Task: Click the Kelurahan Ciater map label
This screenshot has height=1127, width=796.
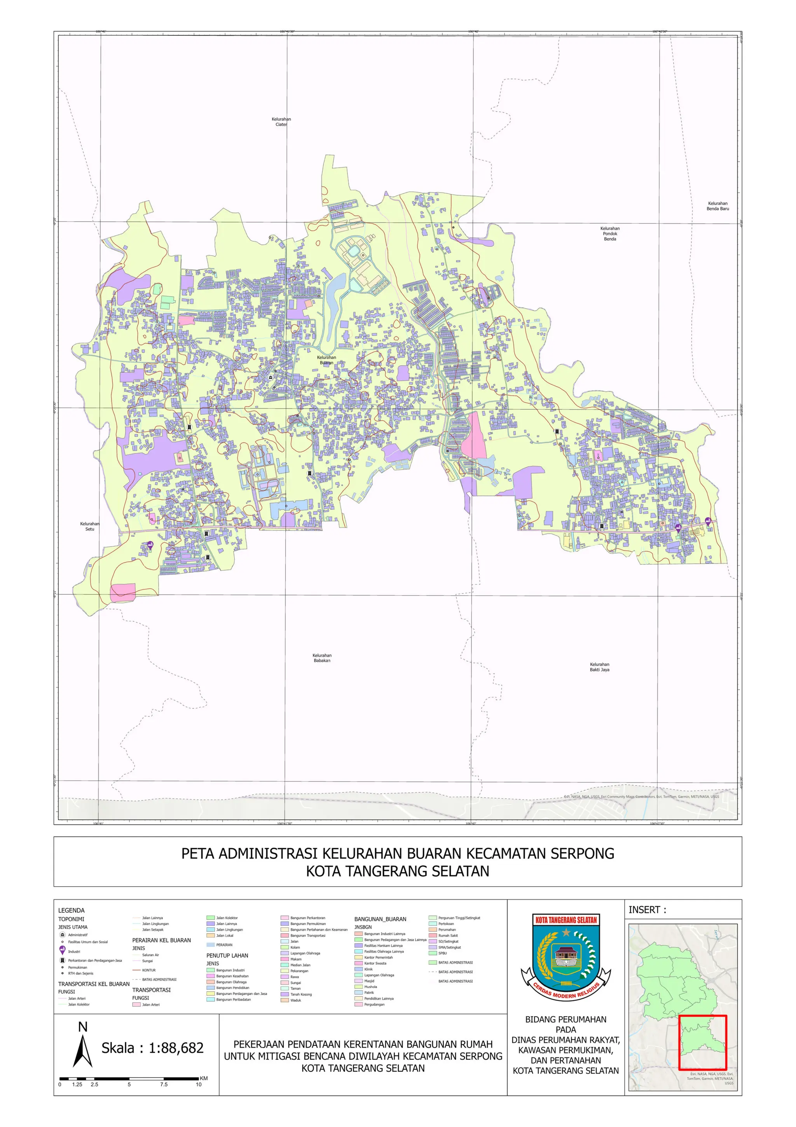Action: [281, 122]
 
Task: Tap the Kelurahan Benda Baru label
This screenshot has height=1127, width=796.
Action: [717, 206]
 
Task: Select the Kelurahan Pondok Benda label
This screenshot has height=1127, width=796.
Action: [609, 234]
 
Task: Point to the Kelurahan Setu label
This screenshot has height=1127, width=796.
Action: [90, 526]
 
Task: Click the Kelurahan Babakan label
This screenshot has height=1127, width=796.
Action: [322, 658]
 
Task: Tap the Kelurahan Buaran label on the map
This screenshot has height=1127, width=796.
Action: [326, 360]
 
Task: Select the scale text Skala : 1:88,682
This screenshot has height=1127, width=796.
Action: [152, 1048]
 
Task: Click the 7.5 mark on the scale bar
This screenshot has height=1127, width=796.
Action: [163, 1084]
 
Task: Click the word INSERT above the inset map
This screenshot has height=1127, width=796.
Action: [648, 910]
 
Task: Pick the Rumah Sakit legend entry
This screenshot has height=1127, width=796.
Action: [448, 935]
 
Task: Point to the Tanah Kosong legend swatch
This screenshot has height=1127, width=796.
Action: [285, 994]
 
